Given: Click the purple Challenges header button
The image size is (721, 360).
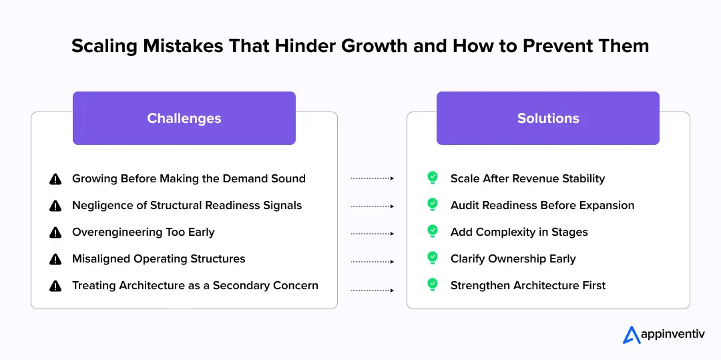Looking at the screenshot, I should (184, 118).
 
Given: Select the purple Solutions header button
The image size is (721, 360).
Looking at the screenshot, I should (547, 118).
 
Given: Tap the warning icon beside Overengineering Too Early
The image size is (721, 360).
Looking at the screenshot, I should (55, 232).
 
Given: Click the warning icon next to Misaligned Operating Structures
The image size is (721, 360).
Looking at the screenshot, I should (55, 259).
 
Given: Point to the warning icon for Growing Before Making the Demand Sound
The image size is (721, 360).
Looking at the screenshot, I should (55, 179).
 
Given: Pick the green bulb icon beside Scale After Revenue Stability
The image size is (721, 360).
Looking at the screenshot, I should (433, 178).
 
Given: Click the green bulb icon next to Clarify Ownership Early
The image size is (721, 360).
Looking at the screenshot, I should (433, 258).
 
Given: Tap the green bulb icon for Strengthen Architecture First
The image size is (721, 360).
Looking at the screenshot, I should (433, 285).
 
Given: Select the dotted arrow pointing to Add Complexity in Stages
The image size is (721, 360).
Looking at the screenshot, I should (373, 234).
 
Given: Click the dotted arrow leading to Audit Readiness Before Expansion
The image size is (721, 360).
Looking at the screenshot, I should (373, 207).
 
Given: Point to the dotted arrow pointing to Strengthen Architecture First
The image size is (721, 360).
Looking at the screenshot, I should (373, 290).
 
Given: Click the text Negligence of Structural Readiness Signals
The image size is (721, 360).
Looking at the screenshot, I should (187, 206).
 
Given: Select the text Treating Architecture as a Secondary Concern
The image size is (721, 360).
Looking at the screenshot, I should (195, 286).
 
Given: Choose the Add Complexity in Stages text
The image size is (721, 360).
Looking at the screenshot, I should (519, 232).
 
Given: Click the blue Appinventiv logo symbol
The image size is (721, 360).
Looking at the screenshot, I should (632, 335).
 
